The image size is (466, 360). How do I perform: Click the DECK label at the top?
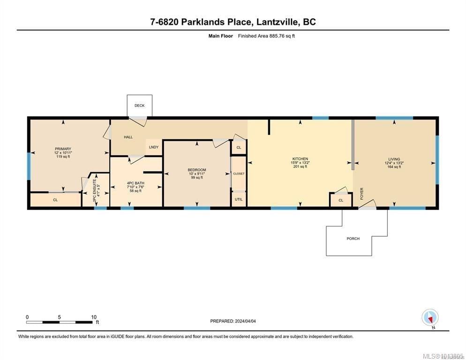pos(139,105)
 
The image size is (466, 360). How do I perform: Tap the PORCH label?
pos(353,239)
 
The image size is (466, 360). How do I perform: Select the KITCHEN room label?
pos(300,159)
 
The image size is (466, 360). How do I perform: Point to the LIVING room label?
pos(394,159)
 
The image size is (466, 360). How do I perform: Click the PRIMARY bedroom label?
pos(62,149)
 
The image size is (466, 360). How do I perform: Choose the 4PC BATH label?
pos(135,183)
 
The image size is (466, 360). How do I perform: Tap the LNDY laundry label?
pos(153,147)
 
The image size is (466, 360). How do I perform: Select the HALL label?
pos(128,137)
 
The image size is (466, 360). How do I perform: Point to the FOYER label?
pos(361,194)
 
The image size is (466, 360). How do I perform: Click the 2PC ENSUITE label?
pos(95,192)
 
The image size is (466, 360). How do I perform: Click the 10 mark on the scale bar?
pos(94,317)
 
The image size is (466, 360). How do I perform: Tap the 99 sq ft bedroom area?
pos(197,178)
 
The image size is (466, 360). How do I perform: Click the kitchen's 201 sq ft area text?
pos(300,166)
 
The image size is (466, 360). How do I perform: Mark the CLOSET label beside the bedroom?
pos(239,173)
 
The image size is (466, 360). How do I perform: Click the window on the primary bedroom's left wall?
pos(29,166)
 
